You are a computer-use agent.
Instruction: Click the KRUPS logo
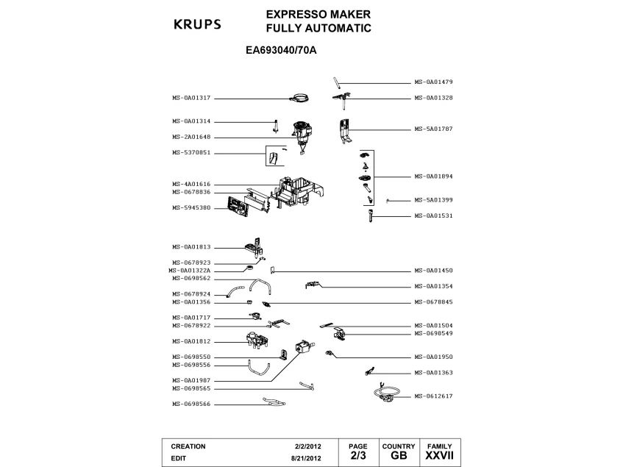click(196, 24)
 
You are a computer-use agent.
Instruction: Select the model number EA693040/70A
click(285, 52)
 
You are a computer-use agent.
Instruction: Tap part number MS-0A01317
click(191, 98)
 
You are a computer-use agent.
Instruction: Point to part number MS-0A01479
click(433, 82)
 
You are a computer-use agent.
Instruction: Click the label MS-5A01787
click(433, 129)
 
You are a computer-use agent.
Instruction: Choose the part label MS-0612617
click(433, 396)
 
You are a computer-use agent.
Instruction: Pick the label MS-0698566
click(191, 404)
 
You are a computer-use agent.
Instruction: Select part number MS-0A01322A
click(190, 271)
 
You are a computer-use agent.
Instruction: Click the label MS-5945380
click(191, 207)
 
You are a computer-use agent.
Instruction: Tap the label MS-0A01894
click(433, 177)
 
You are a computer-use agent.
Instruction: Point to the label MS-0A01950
click(433, 357)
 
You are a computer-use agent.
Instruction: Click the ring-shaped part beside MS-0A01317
click(299, 98)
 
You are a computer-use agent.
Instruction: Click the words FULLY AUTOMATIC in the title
click(318, 29)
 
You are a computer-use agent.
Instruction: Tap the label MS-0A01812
click(191, 341)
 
